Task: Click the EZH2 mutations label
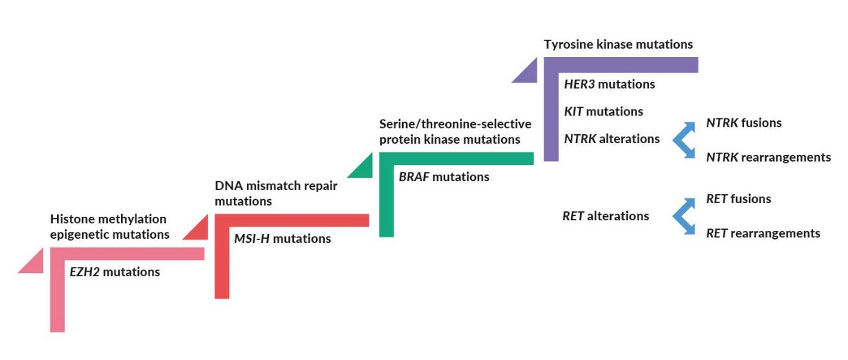tap(115, 272)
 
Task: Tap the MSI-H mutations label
tap(282, 239)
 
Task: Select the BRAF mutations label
tap(444, 177)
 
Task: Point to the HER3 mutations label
tap(609, 84)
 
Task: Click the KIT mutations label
tap(603, 111)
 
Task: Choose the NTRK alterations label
tap(612, 139)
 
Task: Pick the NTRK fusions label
tap(744, 123)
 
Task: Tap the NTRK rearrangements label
tap(768, 157)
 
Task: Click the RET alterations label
tap(605, 216)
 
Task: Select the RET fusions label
tap(738, 199)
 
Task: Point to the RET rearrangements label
tap(763, 233)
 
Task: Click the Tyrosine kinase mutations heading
tap(618, 45)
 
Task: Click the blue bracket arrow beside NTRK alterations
tap(683, 140)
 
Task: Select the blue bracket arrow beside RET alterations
tap(683, 216)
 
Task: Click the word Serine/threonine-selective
tap(455, 125)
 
